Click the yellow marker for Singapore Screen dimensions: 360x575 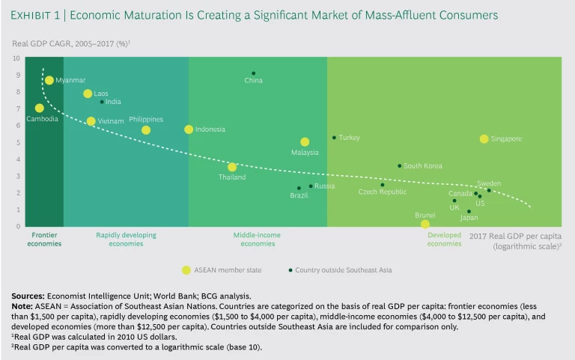tap(484, 138)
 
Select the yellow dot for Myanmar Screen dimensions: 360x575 tap(49, 80)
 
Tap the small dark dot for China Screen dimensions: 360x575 tap(253, 73)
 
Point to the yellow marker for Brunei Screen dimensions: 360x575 tap(425, 224)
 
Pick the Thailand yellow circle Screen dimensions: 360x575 tap(232, 167)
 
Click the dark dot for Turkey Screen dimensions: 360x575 tap(334, 138)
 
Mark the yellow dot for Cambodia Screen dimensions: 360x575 tap(39, 108)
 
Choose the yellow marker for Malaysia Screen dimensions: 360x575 tap(305, 141)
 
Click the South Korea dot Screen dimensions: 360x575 tap(399, 165)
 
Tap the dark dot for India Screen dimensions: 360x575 tap(102, 102)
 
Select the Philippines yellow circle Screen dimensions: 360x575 tap(146, 129)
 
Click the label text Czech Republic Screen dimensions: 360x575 tap(383, 192)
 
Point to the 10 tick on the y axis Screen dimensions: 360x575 tap(16, 58)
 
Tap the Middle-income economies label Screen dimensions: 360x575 tap(258, 239)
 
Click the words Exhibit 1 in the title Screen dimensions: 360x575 tap(34, 15)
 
